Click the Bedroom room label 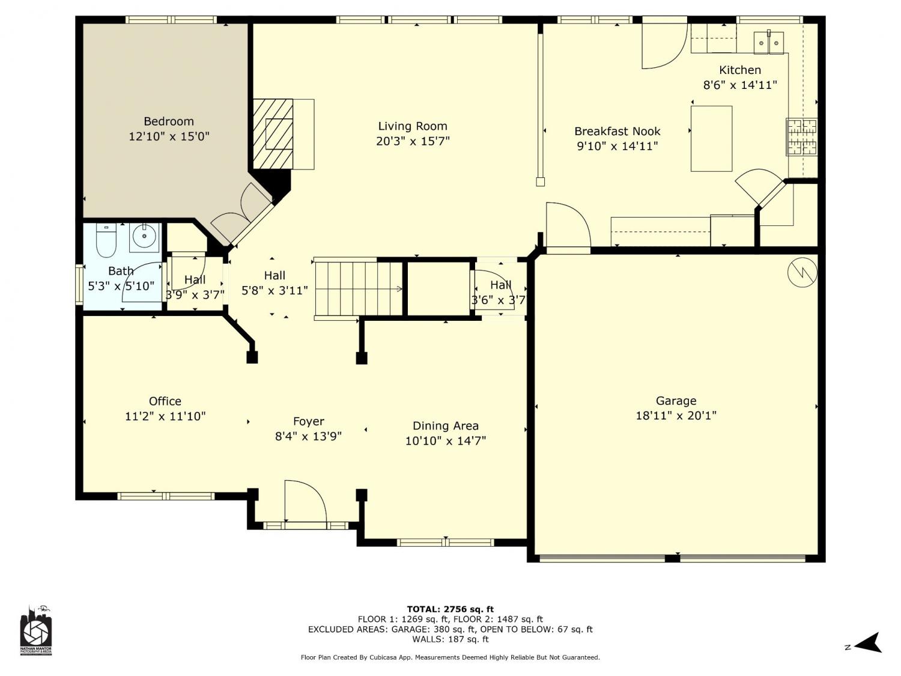[x=169, y=121]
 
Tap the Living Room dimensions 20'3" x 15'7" [x=413, y=141]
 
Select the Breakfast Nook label [x=617, y=132]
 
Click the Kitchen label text [x=740, y=70]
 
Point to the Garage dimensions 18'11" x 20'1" [x=676, y=415]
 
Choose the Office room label [x=165, y=401]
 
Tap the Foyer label [x=309, y=422]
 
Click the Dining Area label [x=445, y=425]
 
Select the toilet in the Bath [x=107, y=240]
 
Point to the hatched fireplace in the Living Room [x=273, y=134]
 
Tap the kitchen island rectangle [x=711, y=138]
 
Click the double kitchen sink [x=768, y=42]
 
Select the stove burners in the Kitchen [x=802, y=137]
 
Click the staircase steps [x=358, y=289]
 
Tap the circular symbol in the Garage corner [x=802, y=272]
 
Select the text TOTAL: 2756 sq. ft [x=450, y=609]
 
